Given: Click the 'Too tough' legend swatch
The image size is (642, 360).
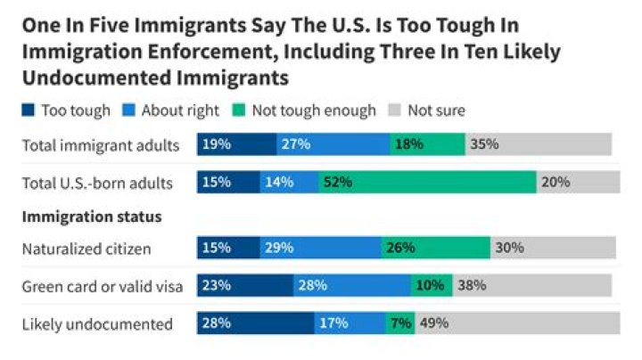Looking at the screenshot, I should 29,110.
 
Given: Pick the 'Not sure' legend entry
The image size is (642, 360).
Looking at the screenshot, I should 436,110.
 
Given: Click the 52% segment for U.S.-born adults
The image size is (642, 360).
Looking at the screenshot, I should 427,182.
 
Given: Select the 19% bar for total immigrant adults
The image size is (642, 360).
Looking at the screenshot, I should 236,144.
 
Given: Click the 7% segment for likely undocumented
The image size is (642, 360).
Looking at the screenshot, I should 399,323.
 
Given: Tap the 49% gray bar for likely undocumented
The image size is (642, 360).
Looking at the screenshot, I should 517,323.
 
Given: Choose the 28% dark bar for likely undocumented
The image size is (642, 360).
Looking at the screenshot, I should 255,323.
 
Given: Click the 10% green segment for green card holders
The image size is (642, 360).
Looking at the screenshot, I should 432,286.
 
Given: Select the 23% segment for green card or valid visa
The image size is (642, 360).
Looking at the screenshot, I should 245,286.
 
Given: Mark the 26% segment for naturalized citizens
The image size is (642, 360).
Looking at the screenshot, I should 435,248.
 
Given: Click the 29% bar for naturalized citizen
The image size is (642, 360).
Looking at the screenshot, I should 320,248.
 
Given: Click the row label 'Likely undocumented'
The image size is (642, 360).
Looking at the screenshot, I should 96,323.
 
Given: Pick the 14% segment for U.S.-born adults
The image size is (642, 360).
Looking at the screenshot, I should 289,182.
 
